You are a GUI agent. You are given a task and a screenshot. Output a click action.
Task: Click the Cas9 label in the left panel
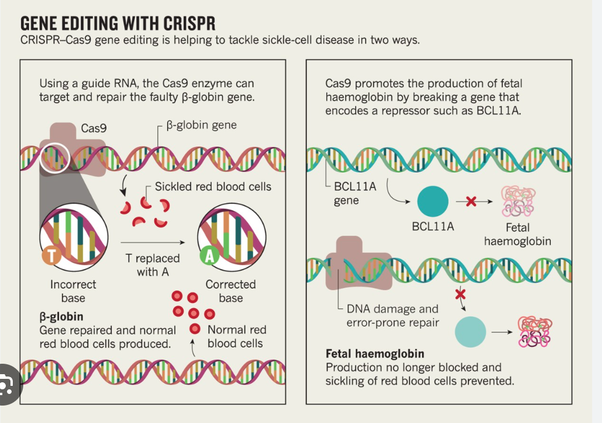94,128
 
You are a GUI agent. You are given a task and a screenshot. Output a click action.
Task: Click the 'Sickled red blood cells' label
213,187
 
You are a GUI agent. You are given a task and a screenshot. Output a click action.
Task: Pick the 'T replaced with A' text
153,264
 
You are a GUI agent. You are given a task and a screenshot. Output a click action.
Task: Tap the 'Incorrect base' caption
73,291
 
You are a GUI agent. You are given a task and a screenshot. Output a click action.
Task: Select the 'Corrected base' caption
231,291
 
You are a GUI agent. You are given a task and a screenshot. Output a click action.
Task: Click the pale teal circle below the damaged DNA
470,332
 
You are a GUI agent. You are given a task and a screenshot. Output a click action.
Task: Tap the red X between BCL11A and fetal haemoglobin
471,202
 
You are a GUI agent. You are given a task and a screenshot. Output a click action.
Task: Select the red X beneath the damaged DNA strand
460,295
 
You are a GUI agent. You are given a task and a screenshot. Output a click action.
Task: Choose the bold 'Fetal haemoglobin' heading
375,353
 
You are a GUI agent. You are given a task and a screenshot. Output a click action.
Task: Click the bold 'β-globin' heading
61,317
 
